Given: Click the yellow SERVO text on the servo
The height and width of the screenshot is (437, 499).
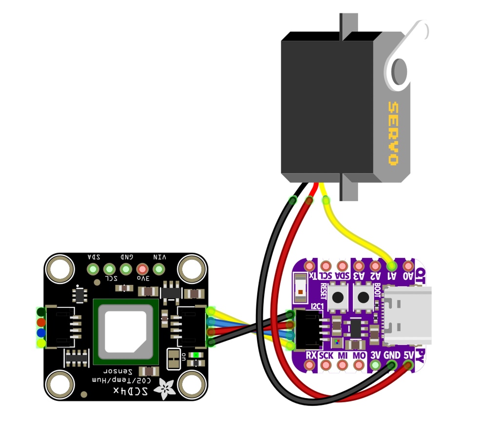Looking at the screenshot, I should coord(392,133).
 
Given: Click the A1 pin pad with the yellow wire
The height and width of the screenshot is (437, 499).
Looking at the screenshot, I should coord(391,266).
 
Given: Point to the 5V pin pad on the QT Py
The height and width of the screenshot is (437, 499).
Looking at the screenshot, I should coord(408,365).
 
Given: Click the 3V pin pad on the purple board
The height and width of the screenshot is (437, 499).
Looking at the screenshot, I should coord(375,365).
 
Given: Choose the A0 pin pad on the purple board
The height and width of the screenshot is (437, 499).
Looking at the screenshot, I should coord(408,266).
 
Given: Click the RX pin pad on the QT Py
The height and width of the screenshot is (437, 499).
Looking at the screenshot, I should coord(309,365).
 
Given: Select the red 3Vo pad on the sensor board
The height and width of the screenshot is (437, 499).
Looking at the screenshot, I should coord(142,269).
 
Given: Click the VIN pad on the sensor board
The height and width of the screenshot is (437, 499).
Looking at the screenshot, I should coord(158,269).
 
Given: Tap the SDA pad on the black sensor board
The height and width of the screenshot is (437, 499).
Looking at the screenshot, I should coord(93,269).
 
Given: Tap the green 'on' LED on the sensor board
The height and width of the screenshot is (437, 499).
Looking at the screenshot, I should coord(196,355).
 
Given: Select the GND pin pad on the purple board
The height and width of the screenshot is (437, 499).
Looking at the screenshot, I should coord(391,365).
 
